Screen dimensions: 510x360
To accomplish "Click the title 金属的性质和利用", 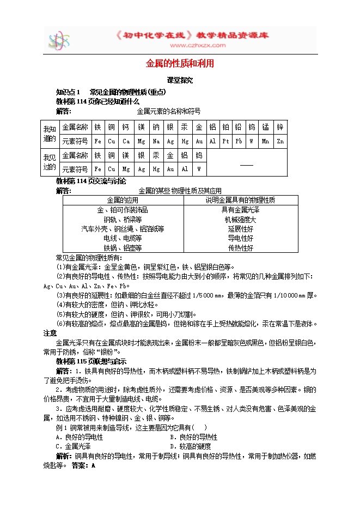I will coord(180,64).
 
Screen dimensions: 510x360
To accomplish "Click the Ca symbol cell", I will coord(126,141).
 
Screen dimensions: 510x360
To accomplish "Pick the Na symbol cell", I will coord(156,141).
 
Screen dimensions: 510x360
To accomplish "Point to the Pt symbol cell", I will coord(225,141).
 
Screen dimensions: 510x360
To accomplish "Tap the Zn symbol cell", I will coord(280,141).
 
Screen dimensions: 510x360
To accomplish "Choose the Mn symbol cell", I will coord(265,141).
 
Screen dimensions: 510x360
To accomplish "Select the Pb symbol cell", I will coord(238,141).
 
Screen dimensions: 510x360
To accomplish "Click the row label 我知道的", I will coord(50,134).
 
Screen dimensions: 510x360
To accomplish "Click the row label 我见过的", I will coord(50,162).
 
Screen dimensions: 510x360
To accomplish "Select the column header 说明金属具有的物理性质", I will coord(240,200).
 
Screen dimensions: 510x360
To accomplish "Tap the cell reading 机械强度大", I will coord(240,220).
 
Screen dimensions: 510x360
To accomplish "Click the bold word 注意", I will coord(50,332).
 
